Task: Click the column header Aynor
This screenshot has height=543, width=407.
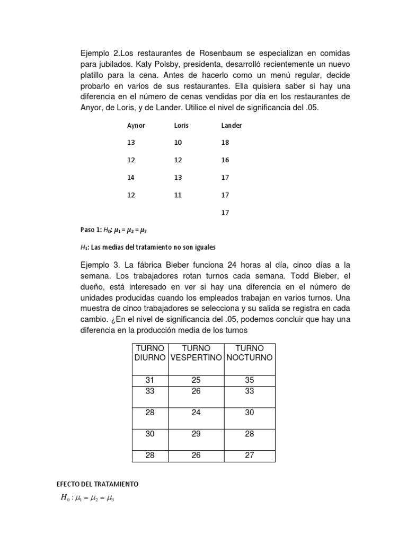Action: click(136, 126)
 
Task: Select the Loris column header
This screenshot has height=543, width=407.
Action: click(181, 126)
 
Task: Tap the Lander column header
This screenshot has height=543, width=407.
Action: click(232, 126)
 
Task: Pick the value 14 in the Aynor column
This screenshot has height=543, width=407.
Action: click(131, 178)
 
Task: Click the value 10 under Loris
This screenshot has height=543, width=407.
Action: click(178, 143)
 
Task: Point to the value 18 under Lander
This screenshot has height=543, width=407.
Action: click(225, 143)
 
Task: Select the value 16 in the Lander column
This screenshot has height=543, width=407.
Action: click(225, 160)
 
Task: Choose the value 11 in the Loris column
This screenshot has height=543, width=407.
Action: click(178, 195)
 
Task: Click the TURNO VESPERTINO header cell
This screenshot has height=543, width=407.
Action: click(196, 353)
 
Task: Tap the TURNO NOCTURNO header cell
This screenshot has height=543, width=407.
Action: click(250, 353)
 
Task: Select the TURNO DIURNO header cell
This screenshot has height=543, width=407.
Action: click(150, 353)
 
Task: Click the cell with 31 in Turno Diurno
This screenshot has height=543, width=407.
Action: click(150, 380)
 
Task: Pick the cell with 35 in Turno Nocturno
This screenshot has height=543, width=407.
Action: click(250, 380)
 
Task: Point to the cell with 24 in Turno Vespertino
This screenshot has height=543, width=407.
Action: click(196, 413)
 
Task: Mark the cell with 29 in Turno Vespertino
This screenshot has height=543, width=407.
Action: click(196, 434)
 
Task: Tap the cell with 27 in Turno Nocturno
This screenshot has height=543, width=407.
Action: click(250, 456)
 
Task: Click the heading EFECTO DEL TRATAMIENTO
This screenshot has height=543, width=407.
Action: click(97, 484)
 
